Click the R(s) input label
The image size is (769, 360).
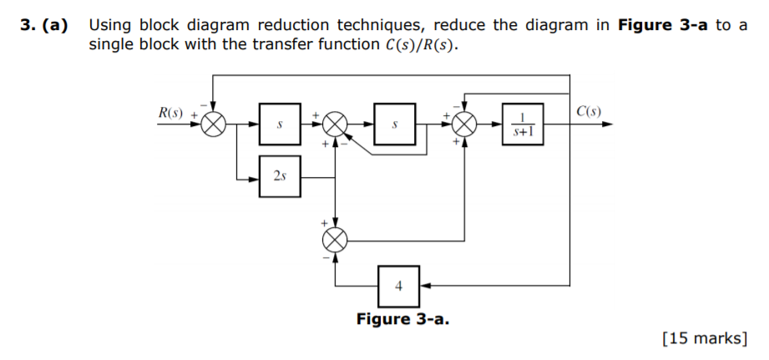pyautogui.click(x=170, y=112)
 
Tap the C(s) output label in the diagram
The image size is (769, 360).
pyautogui.click(x=588, y=112)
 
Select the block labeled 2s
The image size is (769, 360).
pyautogui.click(x=279, y=176)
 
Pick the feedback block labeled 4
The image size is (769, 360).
pyautogui.click(x=398, y=285)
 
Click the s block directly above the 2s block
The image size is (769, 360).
pyautogui.click(x=279, y=124)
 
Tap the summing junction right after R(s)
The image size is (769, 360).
pyautogui.click(x=215, y=124)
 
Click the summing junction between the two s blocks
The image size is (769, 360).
pyautogui.click(x=335, y=124)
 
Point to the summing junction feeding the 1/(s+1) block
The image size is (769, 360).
pyautogui.click(x=463, y=124)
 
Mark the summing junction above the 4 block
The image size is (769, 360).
pyautogui.click(x=335, y=240)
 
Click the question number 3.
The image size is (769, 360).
pyautogui.click(x=25, y=25)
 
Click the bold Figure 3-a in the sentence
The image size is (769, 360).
pyautogui.click(x=665, y=25)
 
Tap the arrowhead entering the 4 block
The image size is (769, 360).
pyautogui.click(x=424, y=285)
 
